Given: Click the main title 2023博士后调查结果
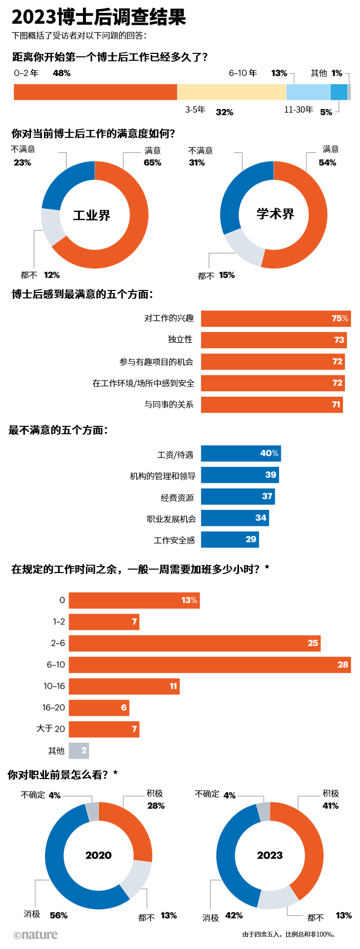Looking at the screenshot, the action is (x=99, y=17).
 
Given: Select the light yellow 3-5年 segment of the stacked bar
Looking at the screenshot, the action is (x=232, y=92).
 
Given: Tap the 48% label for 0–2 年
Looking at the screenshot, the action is (x=62, y=73).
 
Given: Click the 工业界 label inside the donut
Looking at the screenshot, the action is (x=92, y=215).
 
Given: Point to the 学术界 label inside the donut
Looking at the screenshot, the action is (x=275, y=214).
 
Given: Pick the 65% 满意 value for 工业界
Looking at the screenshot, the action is (x=153, y=163).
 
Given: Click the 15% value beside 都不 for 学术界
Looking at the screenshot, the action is (x=227, y=275).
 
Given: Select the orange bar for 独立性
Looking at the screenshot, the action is (x=274, y=340).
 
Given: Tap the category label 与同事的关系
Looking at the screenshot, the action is (x=169, y=405).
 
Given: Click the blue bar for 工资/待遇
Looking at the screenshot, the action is (x=241, y=454).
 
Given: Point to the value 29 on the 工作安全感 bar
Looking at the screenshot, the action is (x=251, y=539).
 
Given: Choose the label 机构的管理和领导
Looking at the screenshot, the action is (x=162, y=476).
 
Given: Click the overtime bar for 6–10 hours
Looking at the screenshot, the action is (x=210, y=665).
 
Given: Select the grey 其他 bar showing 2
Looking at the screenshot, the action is (x=79, y=750).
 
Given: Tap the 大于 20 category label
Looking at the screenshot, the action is (x=51, y=729).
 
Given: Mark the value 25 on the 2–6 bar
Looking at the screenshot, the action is (x=313, y=643).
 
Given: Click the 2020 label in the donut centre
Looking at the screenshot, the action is (x=98, y=855).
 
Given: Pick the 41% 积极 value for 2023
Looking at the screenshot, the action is (x=330, y=806).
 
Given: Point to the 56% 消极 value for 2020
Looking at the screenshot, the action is (x=59, y=915).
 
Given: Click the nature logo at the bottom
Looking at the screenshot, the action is (x=36, y=934).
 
